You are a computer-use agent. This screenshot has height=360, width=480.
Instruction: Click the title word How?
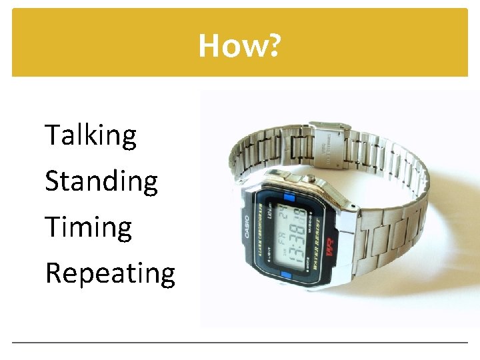point(240,46)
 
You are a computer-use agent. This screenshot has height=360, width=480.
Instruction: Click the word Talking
point(91,136)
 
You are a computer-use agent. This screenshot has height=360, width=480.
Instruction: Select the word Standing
point(101,182)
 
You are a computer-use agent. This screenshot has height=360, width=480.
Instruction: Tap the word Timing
point(89,227)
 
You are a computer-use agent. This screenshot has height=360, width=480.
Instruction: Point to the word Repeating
point(110,273)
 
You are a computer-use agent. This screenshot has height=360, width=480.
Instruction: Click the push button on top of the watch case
point(309,178)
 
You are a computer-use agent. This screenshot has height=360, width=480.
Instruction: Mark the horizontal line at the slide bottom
point(240,343)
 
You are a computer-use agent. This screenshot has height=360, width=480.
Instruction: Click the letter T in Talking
point(53,135)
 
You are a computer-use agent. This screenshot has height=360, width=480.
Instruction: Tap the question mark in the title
point(274,46)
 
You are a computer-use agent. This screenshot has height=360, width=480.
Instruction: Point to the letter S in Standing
point(52,181)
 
